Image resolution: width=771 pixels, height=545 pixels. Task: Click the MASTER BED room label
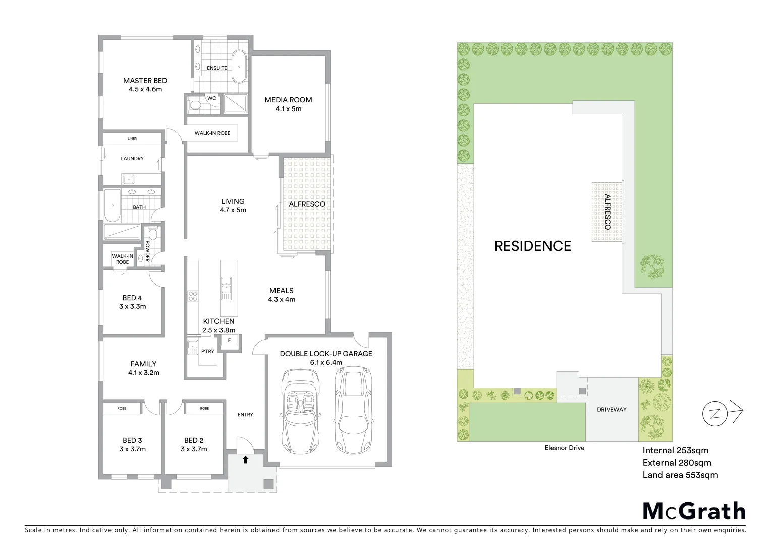tap(145, 81)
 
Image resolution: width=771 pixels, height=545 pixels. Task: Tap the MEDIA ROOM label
tap(288, 100)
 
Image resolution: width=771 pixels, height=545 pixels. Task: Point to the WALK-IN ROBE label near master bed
tap(212, 133)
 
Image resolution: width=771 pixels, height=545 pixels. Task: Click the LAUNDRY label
tap(132, 159)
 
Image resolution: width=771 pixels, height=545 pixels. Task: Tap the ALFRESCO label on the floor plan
tap(307, 204)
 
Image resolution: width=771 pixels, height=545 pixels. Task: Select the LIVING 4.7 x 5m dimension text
tap(233, 210)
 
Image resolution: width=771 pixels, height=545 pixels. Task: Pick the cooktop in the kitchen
tap(193, 296)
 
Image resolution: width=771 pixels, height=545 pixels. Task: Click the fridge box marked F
tap(229, 340)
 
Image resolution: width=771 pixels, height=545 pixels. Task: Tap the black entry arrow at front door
tap(246, 460)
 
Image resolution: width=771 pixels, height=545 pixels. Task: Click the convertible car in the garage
tap(301, 404)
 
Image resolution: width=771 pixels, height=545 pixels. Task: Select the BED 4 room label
tap(132, 298)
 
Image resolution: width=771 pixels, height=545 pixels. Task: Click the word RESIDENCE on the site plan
tap(532, 246)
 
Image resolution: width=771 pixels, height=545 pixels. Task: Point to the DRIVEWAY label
tap(612, 410)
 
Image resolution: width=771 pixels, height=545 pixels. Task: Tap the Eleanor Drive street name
tap(564, 448)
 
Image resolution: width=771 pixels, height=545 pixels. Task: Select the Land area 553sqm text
tap(680, 475)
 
